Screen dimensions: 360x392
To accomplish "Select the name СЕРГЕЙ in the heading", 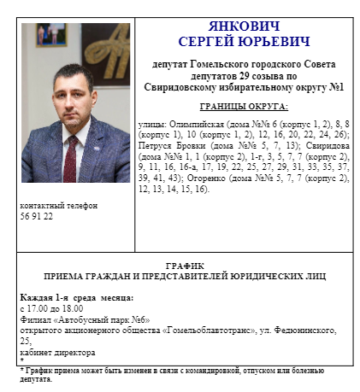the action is point(209,41).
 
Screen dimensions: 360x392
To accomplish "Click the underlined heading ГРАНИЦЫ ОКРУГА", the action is point(243,107).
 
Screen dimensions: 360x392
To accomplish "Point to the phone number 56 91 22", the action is point(36,217).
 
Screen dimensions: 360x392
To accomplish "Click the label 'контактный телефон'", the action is point(58,207).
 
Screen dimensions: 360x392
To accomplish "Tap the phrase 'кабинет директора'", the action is point(56,351).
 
